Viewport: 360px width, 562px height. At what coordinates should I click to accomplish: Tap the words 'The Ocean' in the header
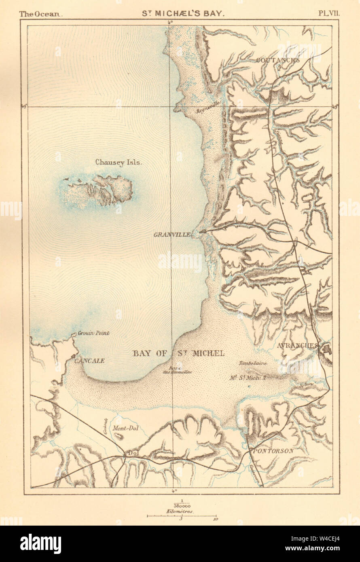40,13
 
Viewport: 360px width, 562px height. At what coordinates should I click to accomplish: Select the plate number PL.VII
329,13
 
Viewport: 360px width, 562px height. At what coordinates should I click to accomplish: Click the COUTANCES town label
277,61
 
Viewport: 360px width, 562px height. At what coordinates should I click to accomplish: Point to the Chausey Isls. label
118,162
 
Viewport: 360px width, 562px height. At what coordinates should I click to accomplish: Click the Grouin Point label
93,333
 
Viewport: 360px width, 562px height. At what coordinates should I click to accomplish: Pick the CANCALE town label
89,361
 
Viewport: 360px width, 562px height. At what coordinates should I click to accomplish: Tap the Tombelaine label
252,363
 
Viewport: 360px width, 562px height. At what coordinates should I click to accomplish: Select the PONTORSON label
272,450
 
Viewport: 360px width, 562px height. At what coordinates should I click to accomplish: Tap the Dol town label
131,453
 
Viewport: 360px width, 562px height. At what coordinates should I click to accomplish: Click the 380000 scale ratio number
182,506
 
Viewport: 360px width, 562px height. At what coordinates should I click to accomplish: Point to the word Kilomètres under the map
182,511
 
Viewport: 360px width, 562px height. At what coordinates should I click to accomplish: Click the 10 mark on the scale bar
215,519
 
